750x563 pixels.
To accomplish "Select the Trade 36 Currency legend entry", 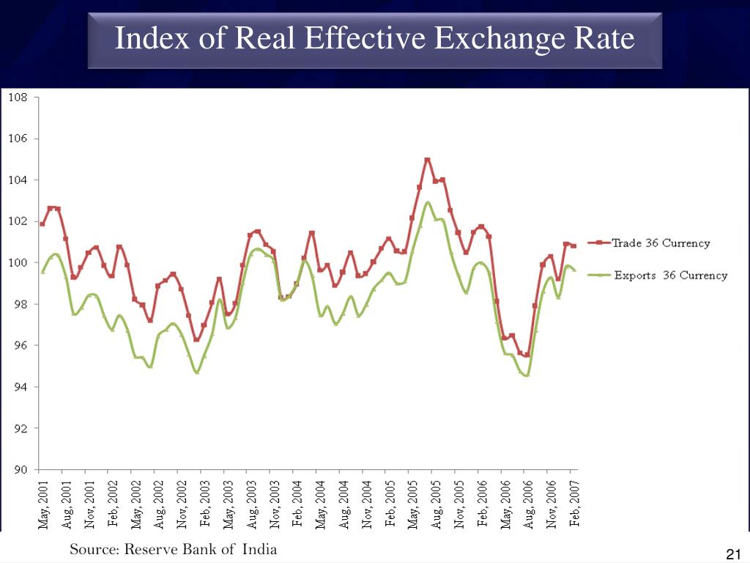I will (x=660, y=243).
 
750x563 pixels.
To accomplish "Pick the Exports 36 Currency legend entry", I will (x=669, y=276).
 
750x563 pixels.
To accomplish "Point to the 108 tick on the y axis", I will (x=18, y=97).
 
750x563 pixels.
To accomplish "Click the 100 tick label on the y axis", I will (x=18, y=262).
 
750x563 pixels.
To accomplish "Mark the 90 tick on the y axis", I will (x=20, y=469).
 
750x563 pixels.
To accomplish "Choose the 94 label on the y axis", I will (x=20, y=386).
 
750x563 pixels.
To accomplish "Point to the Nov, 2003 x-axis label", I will (x=275, y=504).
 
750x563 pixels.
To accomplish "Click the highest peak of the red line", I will (x=427, y=160).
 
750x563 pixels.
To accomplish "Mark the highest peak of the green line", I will (x=428, y=202).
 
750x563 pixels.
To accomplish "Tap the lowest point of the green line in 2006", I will (x=527, y=375).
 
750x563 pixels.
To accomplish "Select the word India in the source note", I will (x=260, y=549).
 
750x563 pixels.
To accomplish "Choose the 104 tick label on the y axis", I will (x=18, y=180).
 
